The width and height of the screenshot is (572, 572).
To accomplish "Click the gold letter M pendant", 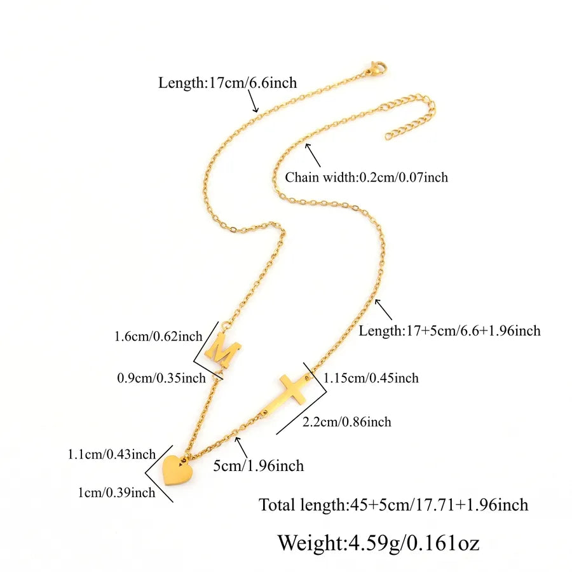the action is click(222, 350).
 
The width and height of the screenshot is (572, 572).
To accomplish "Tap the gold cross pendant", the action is click(288, 396).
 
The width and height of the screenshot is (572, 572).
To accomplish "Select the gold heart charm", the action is click(177, 470).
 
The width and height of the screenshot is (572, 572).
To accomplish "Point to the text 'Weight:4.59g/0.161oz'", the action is click(378, 543).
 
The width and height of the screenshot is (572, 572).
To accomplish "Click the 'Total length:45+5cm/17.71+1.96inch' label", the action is click(393, 505).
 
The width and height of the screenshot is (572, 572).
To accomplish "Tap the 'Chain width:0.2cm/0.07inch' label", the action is click(366, 177).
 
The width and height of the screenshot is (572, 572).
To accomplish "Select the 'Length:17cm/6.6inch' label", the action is click(228, 83).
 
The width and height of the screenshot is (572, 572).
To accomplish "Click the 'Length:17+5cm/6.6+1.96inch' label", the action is click(449, 331).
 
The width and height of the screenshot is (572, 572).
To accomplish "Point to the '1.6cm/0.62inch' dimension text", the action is click(158, 336).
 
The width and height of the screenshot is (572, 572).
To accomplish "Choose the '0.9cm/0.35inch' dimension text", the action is click(161, 378).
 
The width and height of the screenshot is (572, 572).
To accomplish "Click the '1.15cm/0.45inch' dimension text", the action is click(371, 378).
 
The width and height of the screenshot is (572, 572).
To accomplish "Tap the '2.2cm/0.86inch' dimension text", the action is click(347, 422).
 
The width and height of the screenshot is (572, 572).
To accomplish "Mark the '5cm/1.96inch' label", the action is click(258, 466).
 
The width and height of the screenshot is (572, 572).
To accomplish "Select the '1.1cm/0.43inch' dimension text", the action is click(112, 454).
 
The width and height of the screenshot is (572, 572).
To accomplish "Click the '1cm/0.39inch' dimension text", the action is click(116, 493).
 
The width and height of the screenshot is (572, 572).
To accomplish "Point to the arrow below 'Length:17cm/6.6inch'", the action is click(254, 101).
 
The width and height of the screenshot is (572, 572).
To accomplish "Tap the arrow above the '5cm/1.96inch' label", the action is click(242, 447).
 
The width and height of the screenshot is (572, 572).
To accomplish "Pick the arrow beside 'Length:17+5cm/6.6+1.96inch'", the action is click(383, 310).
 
